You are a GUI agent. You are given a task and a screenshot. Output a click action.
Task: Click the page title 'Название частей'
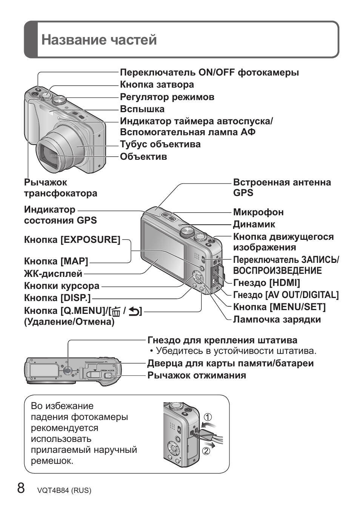(x=99, y=40)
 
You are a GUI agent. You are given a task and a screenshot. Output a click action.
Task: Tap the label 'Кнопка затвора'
(x=157, y=85)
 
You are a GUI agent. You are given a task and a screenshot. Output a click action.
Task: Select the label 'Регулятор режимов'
(x=167, y=97)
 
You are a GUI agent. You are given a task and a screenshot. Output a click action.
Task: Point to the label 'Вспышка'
(x=142, y=109)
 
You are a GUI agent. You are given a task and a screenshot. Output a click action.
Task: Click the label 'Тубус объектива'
(x=160, y=144)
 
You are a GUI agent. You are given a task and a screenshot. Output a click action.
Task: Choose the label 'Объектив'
(x=143, y=156)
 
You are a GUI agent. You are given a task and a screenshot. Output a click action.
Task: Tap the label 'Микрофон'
(x=258, y=212)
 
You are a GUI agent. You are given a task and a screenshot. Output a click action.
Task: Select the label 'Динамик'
(x=254, y=224)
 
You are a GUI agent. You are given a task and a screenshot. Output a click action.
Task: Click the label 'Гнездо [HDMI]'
(x=266, y=283)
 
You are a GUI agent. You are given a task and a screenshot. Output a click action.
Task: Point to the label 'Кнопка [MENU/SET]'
(x=279, y=307)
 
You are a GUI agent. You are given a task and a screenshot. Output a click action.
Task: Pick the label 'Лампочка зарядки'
(x=277, y=319)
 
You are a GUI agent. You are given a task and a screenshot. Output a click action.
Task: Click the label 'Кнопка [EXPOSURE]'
(x=72, y=239)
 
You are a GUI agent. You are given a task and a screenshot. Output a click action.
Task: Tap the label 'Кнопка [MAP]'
(x=56, y=261)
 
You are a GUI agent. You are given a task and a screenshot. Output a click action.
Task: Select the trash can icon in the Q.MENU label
(x=116, y=312)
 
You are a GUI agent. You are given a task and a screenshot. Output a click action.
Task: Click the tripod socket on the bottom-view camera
(x=68, y=371)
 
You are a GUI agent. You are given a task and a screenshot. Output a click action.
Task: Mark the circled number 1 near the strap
(x=208, y=417)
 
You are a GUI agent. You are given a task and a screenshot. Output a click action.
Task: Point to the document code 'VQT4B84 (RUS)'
(x=64, y=490)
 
